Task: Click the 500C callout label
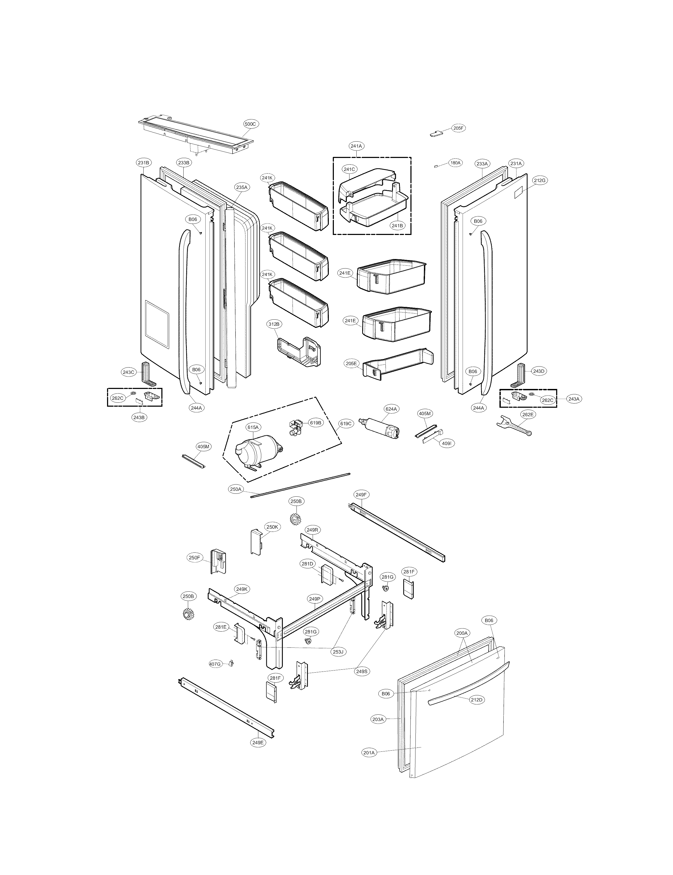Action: pos(250,124)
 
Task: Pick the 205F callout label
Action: pos(459,128)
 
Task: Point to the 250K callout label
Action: pos(272,527)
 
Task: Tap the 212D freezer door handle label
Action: pos(477,700)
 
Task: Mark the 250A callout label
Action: pos(236,489)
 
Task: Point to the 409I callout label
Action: pos(448,443)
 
